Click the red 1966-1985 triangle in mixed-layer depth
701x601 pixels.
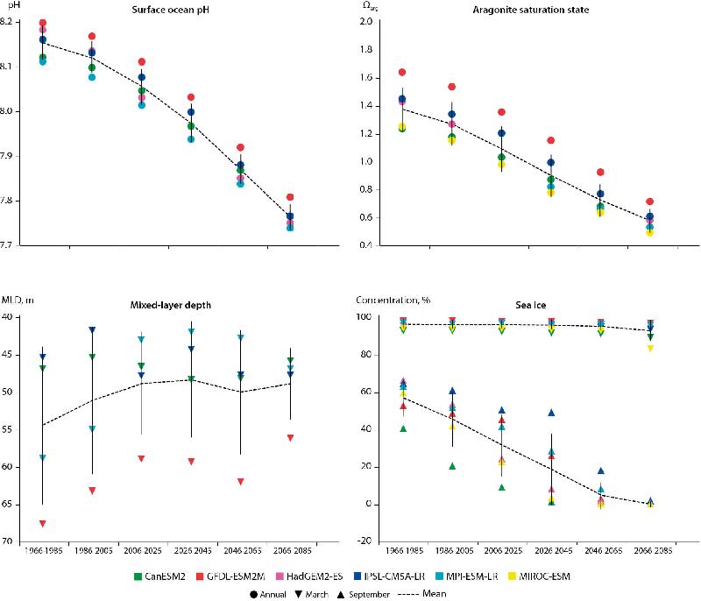(x=42, y=524)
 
